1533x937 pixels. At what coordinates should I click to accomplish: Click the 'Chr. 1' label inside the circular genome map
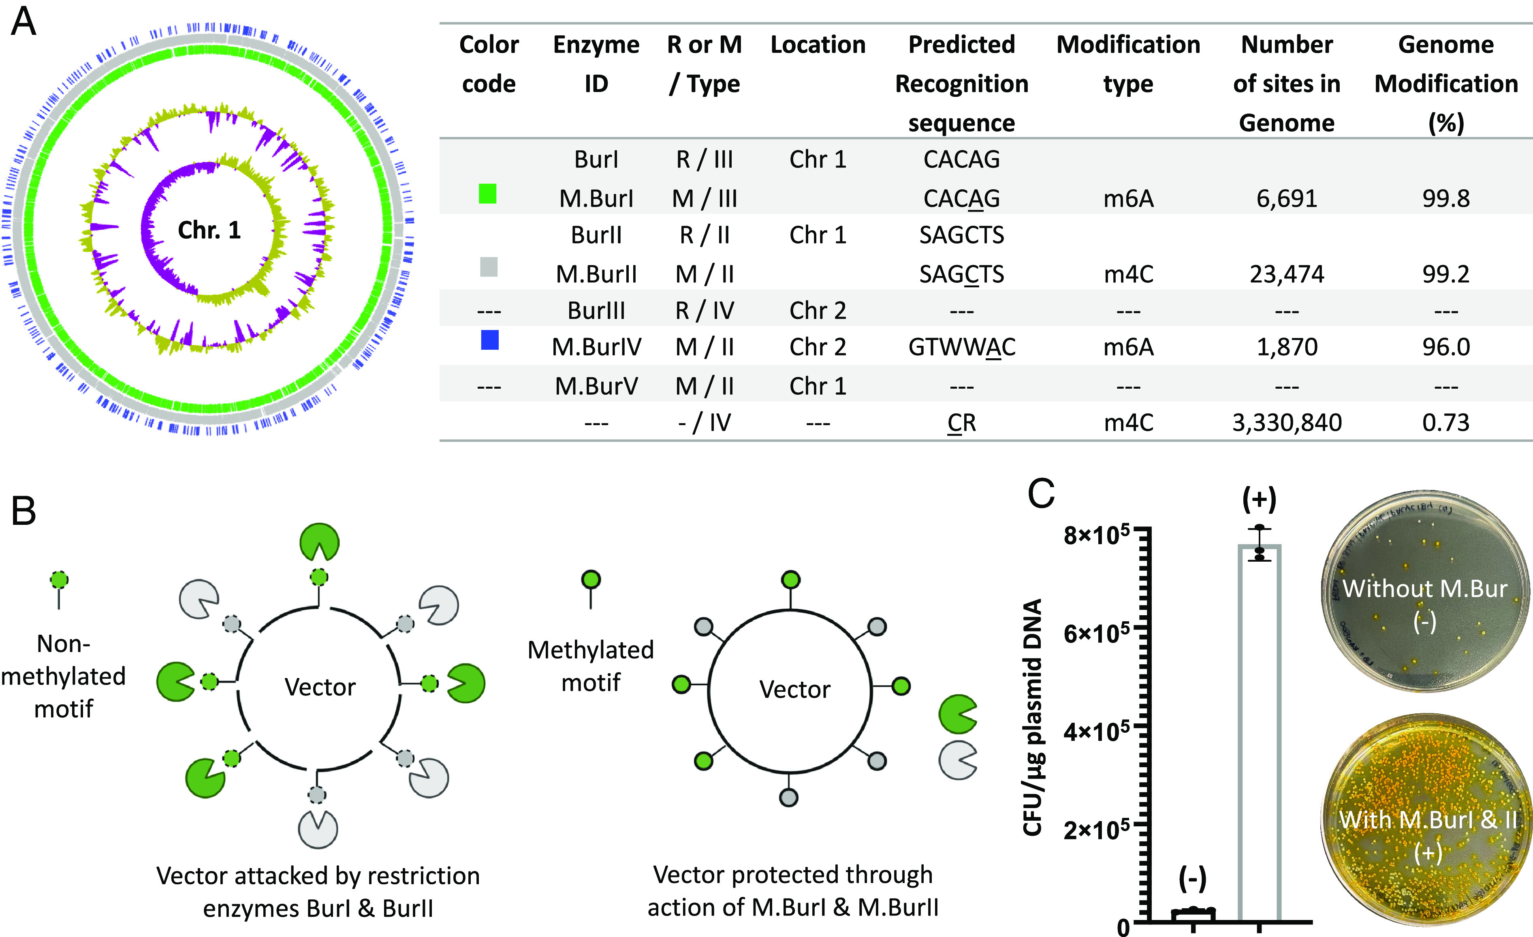point(209,230)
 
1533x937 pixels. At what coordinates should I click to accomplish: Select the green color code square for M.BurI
point(488,194)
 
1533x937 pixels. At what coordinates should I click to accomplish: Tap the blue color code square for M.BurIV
point(490,340)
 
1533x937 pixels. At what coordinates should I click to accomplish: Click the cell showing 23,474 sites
point(1287,274)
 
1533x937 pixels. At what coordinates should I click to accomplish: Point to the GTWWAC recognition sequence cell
point(961,347)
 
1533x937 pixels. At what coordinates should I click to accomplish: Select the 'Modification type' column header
point(1128,64)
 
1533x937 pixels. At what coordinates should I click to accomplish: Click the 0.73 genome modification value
point(1445,423)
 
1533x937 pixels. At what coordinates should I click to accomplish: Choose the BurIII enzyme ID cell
point(596,310)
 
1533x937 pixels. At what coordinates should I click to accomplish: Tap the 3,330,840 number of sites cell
point(1287,423)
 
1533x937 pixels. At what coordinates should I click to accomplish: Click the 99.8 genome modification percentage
point(1445,199)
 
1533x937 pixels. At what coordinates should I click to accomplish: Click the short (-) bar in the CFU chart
point(1193,914)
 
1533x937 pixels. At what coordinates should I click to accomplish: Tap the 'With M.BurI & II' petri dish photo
point(1426,822)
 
